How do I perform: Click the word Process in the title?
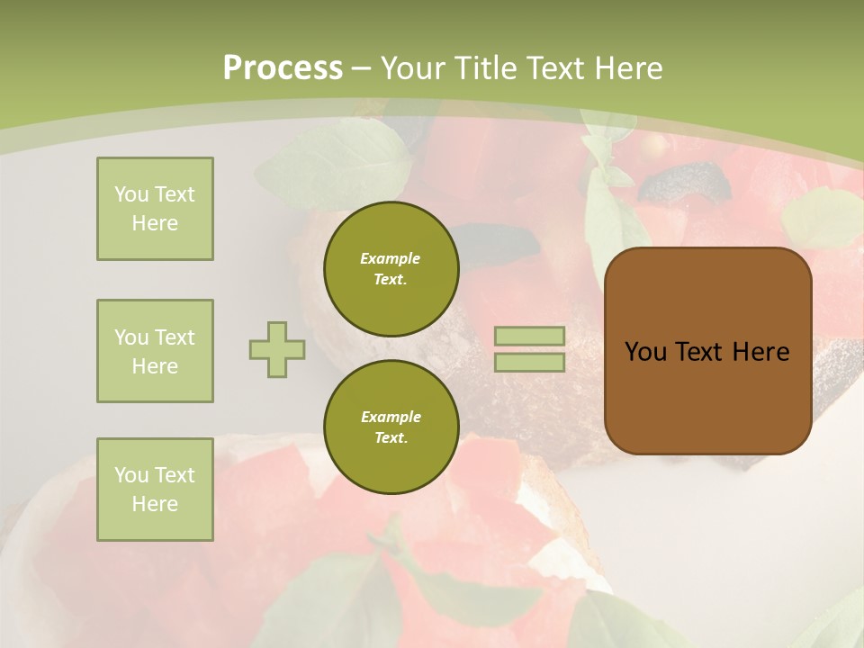[x=283, y=67]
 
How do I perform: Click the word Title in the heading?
[x=486, y=67]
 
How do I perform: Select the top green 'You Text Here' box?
[x=155, y=209]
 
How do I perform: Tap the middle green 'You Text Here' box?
[x=155, y=351]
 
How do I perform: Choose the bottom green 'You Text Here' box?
[x=155, y=490]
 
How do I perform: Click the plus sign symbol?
[x=277, y=349]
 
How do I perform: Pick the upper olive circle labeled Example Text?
[x=391, y=269]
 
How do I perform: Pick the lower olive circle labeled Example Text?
[x=391, y=427]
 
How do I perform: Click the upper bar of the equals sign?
[x=529, y=337]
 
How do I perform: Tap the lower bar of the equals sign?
[x=529, y=363]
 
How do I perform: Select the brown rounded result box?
[x=707, y=396]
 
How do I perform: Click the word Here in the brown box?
[x=760, y=352]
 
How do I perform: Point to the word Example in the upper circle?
[x=391, y=258]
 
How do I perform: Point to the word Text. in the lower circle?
[x=391, y=438]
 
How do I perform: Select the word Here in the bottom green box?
[x=155, y=504]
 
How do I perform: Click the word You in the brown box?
[x=645, y=352]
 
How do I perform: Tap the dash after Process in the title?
[x=362, y=68]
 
